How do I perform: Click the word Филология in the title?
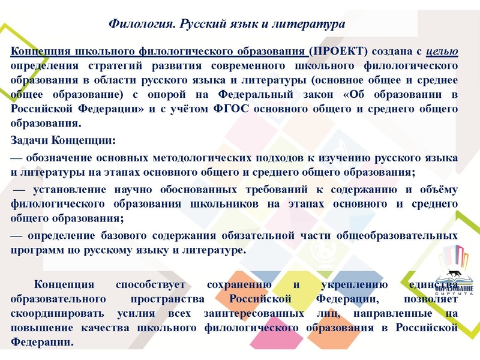tap(142, 24)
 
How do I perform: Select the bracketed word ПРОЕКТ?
tap(338, 52)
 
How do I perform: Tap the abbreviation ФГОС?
tap(274, 109)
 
